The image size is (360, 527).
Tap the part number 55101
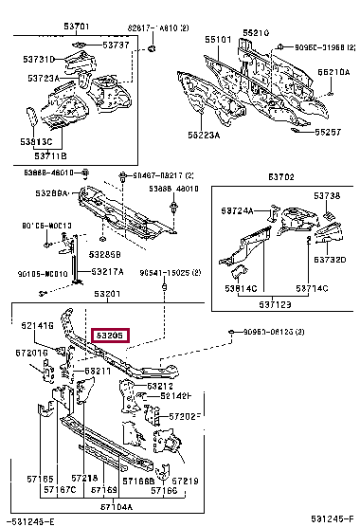click(x=218, y=40)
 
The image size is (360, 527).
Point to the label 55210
click(x=256, y=32)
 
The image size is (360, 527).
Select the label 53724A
click(x=238, y=210)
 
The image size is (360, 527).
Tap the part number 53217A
click(x=106, y=272)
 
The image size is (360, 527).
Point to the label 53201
click(x=106, y=296)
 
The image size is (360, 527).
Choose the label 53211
click(x=100, y=371)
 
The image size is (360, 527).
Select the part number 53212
click(x=159, y=386)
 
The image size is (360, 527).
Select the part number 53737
click(x=116, y=45)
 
